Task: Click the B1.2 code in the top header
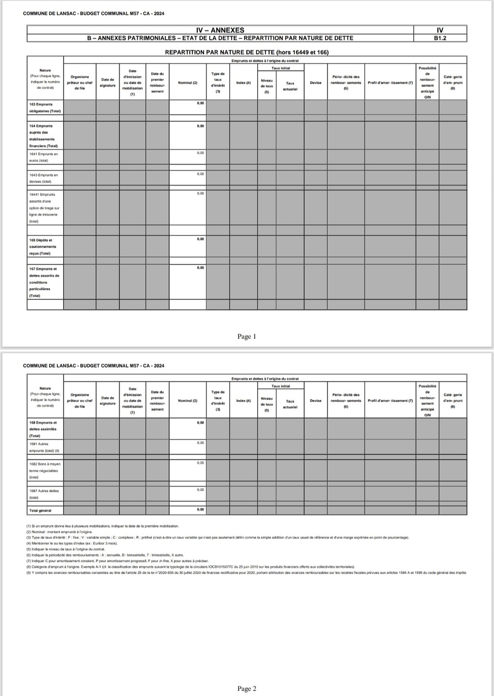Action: (439, 38)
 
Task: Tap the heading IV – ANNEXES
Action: (220, 30)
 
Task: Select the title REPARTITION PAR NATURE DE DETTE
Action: (247, 52)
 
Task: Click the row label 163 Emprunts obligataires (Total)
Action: (44, 108)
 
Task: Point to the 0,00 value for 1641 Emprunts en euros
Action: (200, 153)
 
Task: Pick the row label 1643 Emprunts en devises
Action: (43, 178)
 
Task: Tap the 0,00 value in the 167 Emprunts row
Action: (200, 268)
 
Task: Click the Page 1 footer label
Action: (247, 336)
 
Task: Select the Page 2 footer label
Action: (247, 688)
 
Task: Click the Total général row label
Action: (40, 510)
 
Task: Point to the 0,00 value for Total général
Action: (200, 509)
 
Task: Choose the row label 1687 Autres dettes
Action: (43, 494)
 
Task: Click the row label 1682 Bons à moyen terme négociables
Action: (44, 470)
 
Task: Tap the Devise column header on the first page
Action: (316, 83)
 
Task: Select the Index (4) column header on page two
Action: (243, 401)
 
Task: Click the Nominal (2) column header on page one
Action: (188, 83)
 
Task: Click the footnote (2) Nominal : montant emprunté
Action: (59, 531)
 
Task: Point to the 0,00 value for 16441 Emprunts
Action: (200, 194)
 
